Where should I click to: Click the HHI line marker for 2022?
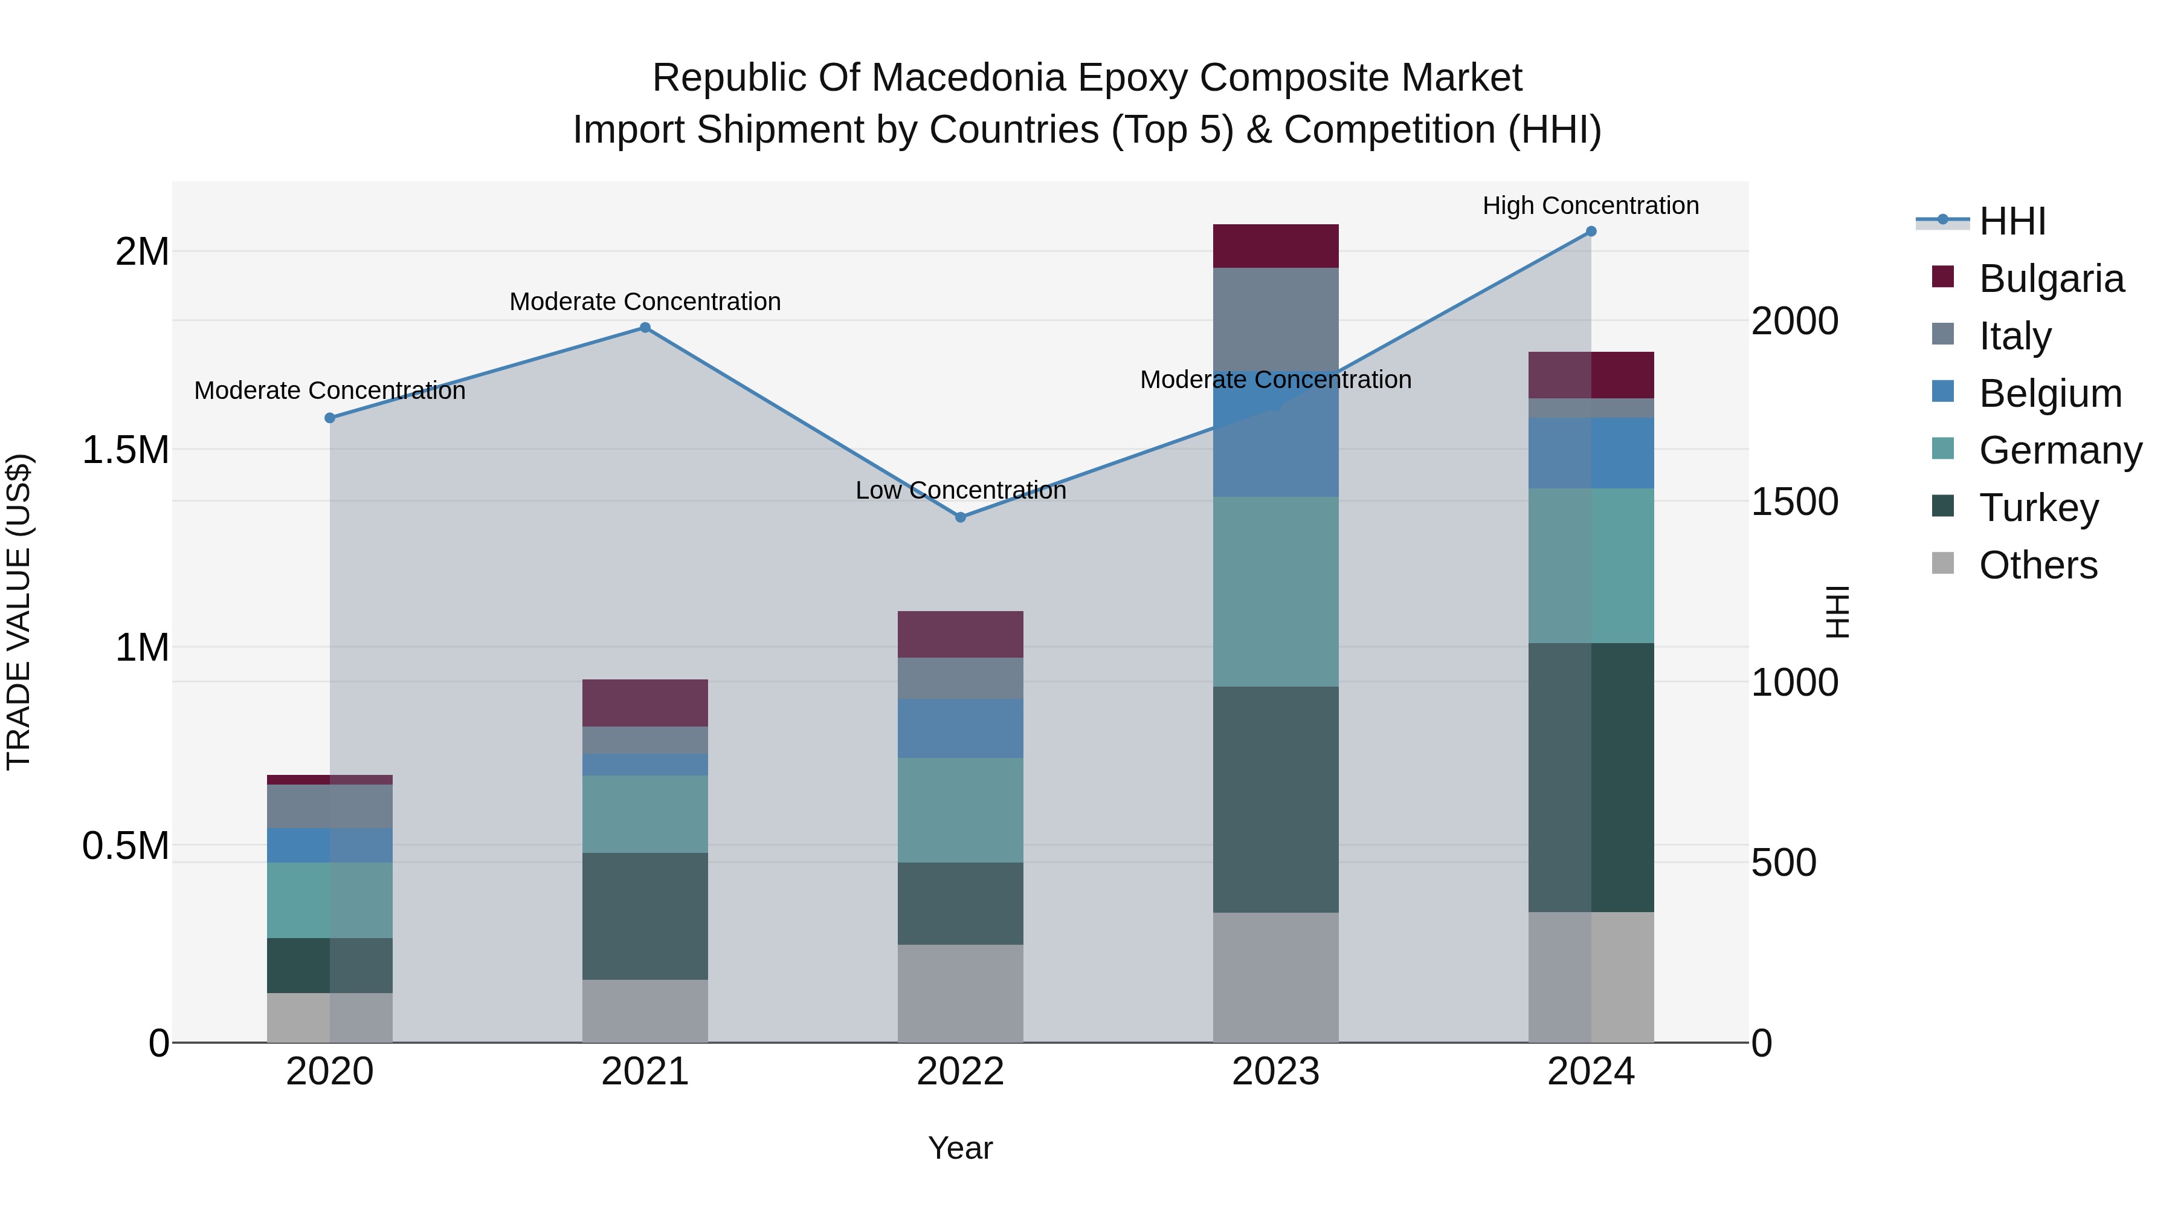(960, 517)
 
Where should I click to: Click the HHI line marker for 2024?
(1591, 232)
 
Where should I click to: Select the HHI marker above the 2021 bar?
(645, 328)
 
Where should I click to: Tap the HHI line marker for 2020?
(330, 418)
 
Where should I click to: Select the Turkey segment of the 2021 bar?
(645, 916)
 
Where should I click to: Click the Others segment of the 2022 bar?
(960, 992)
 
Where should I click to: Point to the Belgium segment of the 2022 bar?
(960, 728)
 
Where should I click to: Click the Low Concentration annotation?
(960, 491)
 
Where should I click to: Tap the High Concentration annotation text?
(1591, 206)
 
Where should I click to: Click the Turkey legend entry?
(2038, 508)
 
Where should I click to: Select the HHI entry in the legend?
(2011, 221)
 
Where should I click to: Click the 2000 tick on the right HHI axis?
(1794, 321)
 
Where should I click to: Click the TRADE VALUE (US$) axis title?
(19, 612)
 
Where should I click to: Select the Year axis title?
(960, 1148)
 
